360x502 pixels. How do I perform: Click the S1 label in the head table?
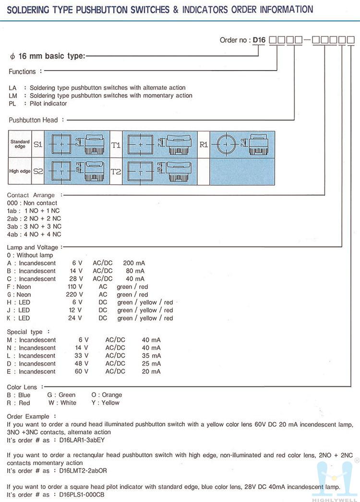38,143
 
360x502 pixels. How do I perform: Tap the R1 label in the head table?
204,143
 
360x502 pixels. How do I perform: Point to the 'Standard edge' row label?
20,143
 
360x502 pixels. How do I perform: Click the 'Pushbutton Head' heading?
33,120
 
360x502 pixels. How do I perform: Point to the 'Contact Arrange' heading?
31,195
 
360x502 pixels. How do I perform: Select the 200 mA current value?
134,263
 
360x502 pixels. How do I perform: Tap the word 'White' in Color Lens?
68,403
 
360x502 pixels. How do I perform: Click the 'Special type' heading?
24,332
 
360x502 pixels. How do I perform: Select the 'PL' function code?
12,103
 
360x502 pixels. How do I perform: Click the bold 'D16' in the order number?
259,40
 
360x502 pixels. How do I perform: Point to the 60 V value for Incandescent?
80,371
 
